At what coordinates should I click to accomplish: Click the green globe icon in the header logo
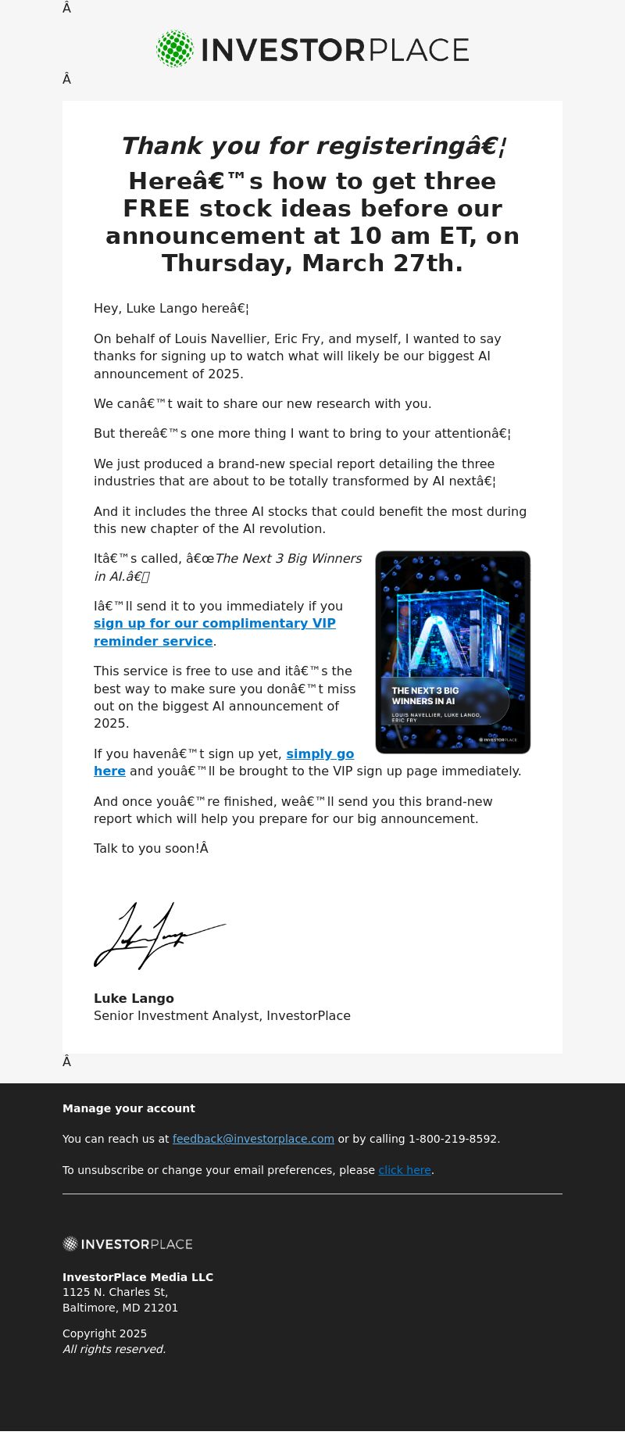click(x=175, y=49)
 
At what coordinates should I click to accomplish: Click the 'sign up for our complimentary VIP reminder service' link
click(x=214, y=624)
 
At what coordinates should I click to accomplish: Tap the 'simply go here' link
click(x=320, y=754)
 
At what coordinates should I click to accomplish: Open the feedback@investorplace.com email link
click(x=253, y=1139)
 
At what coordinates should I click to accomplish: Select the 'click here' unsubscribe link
click(x=405, y=1170)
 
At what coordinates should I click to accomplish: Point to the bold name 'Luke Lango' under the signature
click(x=134, y=998)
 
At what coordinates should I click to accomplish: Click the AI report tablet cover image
click(x=453, y=652)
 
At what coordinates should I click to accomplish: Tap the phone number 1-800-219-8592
click(x=452, y=1139)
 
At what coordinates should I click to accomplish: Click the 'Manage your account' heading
click(x=129, y=1108)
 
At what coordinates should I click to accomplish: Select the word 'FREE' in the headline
click(x=156, y=209)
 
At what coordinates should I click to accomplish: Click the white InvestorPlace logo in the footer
click(x=127, y=1244)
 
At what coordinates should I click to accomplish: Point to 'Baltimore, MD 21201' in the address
click(x=120, y=1308)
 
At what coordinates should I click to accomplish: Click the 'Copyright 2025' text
click(x=105, y=1333)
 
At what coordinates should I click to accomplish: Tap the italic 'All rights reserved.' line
click(x=114, y=1349)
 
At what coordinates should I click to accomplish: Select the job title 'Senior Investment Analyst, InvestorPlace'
click(x=222, y=1015)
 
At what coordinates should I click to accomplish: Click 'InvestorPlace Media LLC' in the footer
click(x=137, y=1277)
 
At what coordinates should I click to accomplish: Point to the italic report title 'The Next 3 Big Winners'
click(x=288, y=559)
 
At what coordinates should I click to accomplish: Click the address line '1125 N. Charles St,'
click(x=115, y=1292)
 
